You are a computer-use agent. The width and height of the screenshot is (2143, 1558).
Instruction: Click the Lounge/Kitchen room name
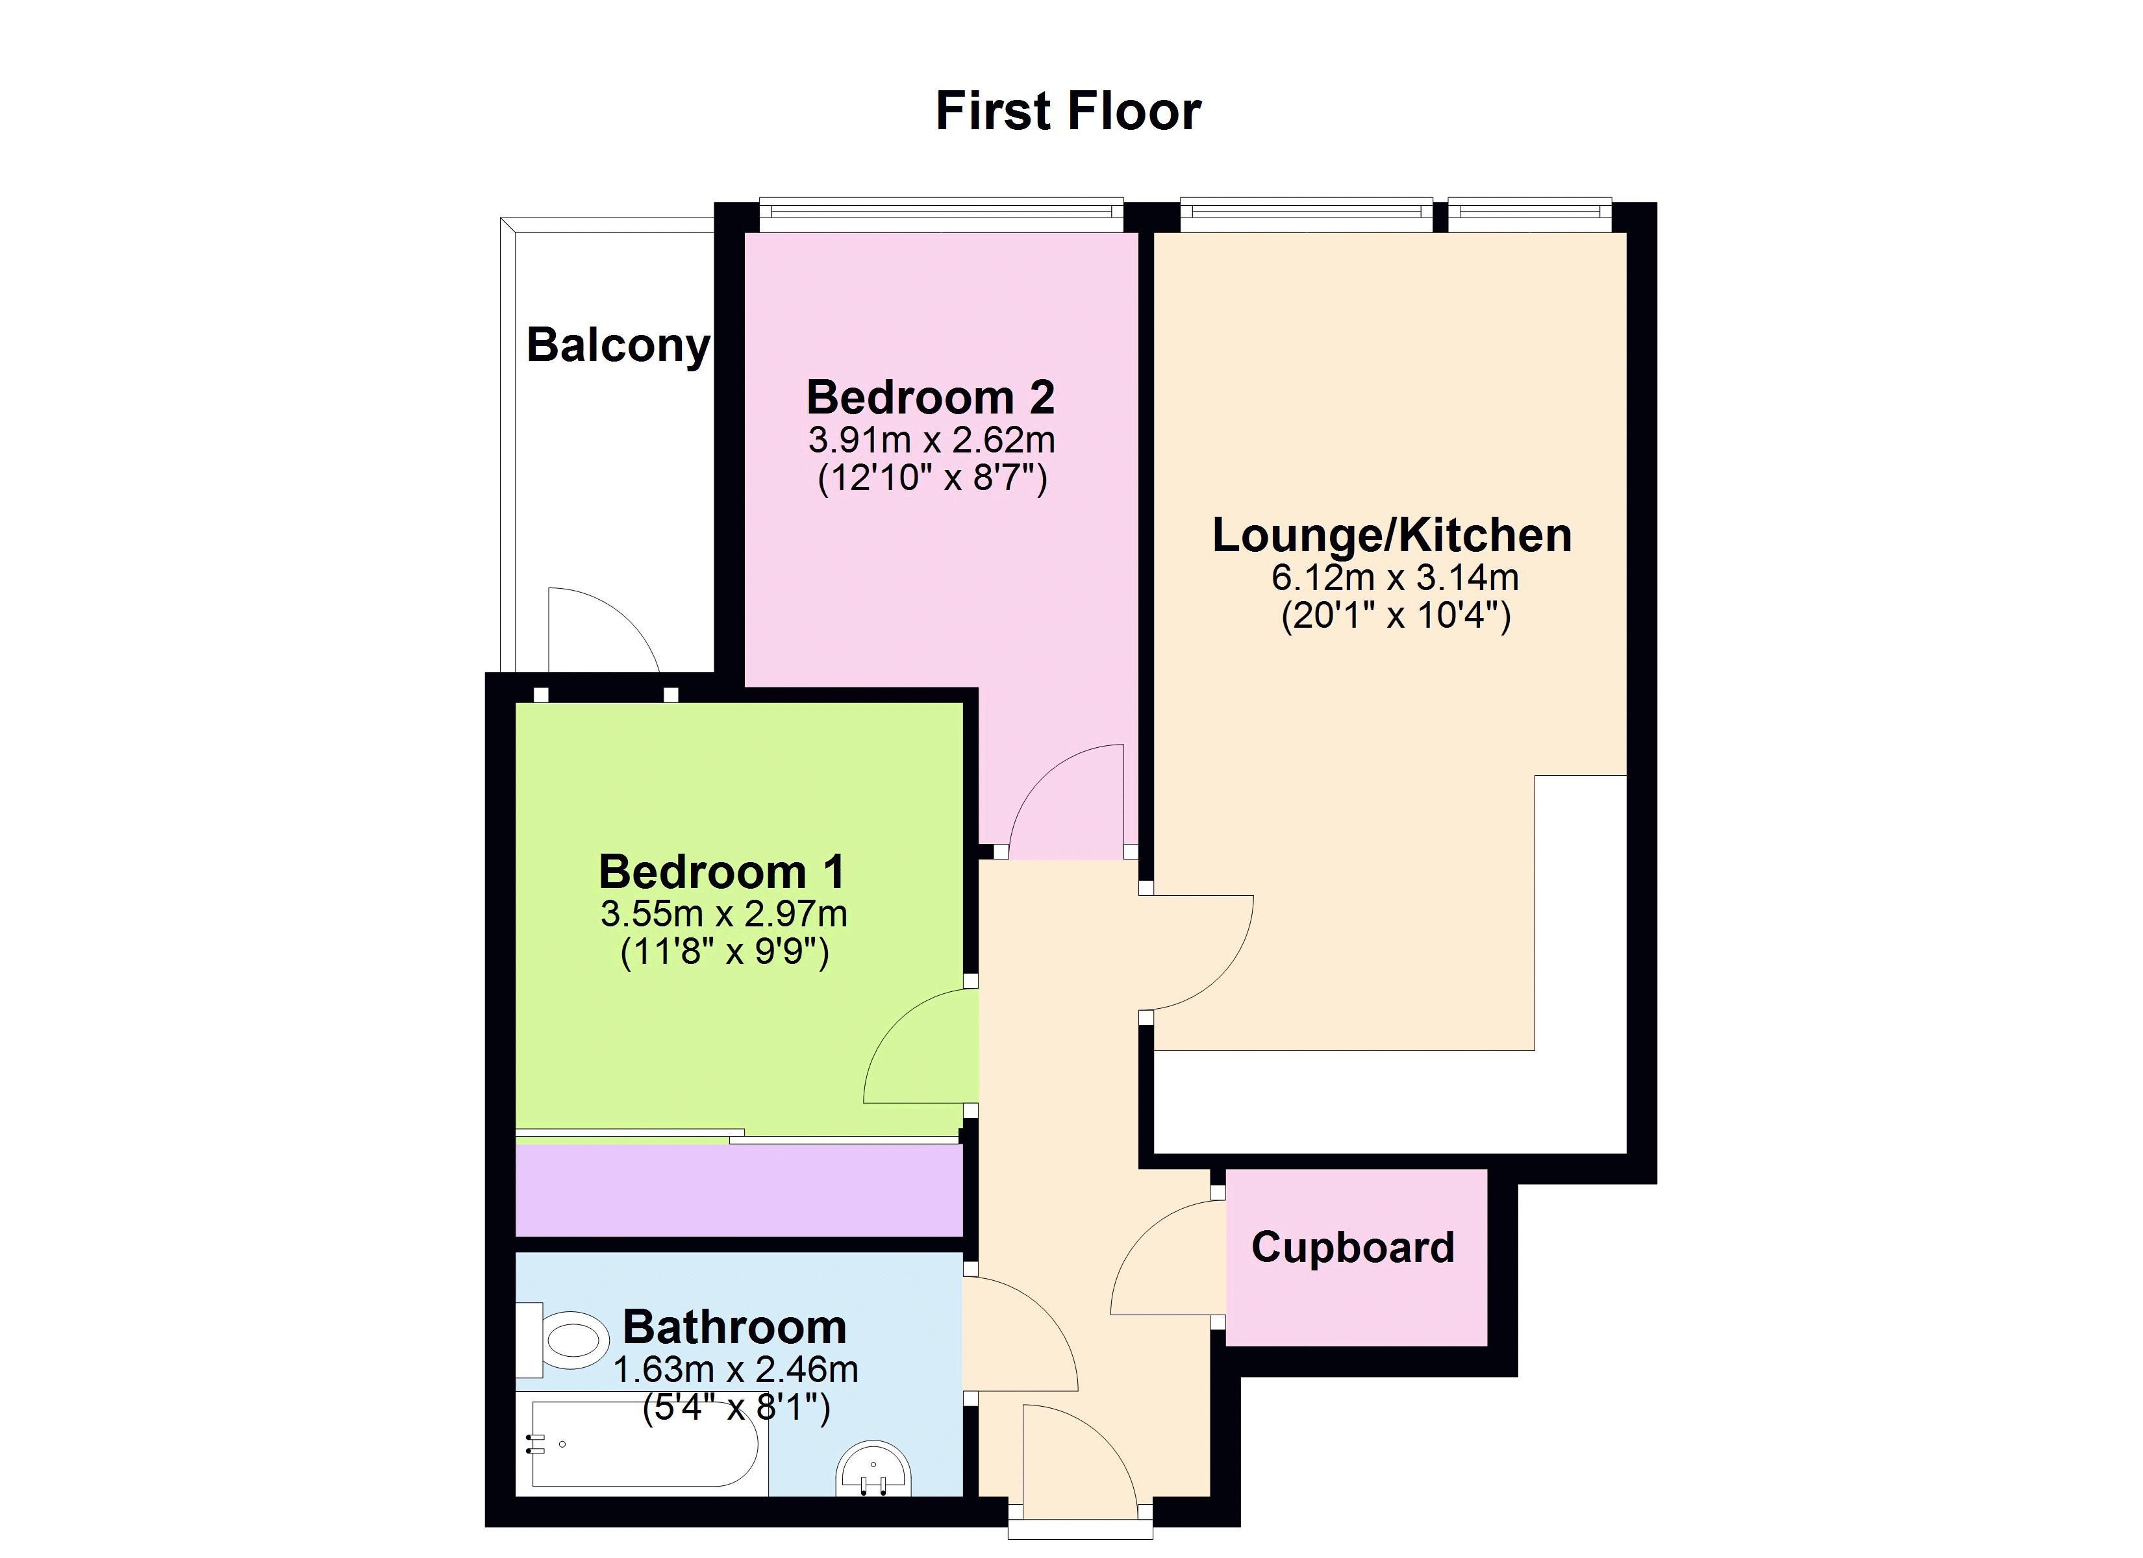click(1392, 536)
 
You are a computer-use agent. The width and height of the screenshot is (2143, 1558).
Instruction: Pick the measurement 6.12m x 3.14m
click(1395, 577)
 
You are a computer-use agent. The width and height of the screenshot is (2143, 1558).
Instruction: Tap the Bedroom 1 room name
click(722, 871)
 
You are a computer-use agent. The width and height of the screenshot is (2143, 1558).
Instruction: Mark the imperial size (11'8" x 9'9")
click(725, 952)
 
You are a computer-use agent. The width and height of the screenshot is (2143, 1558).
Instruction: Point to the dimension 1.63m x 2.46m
click(736, 1369)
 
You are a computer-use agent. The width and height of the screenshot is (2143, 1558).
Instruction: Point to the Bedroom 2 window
click(941, 216)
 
